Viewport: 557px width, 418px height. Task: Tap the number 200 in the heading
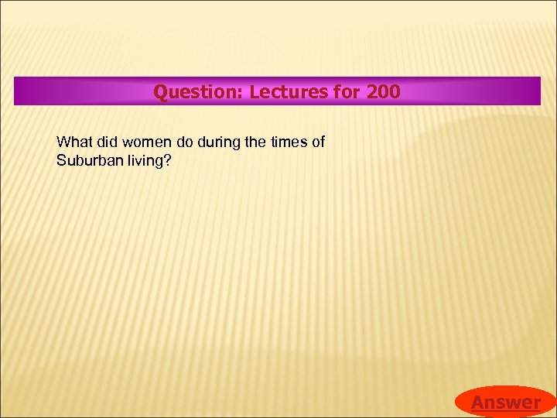tap(384, 92)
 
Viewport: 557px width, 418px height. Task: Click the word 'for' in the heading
tap(348, 92)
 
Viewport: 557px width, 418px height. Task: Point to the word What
tap(74, 142)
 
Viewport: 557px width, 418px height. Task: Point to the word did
tap(108, 142)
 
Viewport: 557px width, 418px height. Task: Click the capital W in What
tap(63, 142)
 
